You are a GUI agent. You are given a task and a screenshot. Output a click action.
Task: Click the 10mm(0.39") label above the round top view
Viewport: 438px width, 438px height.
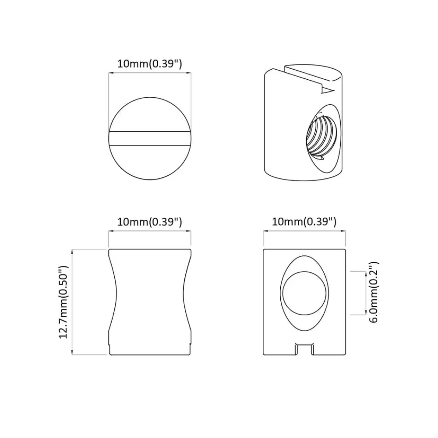click(149, 64)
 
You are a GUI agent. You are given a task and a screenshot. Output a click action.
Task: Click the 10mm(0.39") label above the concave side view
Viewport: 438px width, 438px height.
click(149, 222)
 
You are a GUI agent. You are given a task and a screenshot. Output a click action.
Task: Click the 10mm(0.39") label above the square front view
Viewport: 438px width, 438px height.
click(304, 222)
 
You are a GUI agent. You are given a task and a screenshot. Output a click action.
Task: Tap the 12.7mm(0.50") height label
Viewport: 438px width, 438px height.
click(64, 302)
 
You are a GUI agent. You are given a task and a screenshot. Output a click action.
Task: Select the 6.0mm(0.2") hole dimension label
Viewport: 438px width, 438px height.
click(374, 293)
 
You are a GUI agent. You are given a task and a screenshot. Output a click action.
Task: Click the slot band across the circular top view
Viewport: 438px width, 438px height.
click(150, 138)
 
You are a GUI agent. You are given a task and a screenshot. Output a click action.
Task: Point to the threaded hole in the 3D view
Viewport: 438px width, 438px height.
click(321, 138)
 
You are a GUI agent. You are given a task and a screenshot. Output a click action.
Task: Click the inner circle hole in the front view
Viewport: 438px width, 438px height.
click(304, 293)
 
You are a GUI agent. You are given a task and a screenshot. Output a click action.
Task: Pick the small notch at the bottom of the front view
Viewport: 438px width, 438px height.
click(304, 350)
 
